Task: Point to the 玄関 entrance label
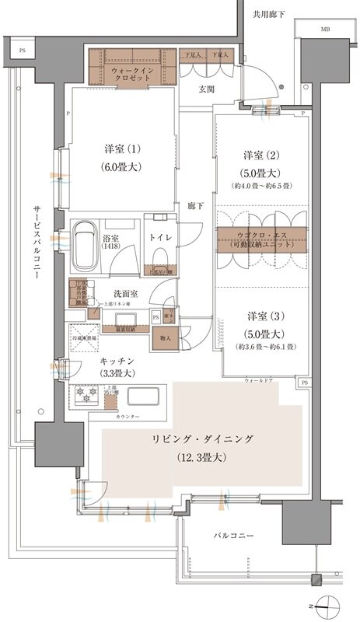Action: [x=207, y=89]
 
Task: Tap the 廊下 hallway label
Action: [x=195, y=206]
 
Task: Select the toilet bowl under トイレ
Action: [x=162, y=257]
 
